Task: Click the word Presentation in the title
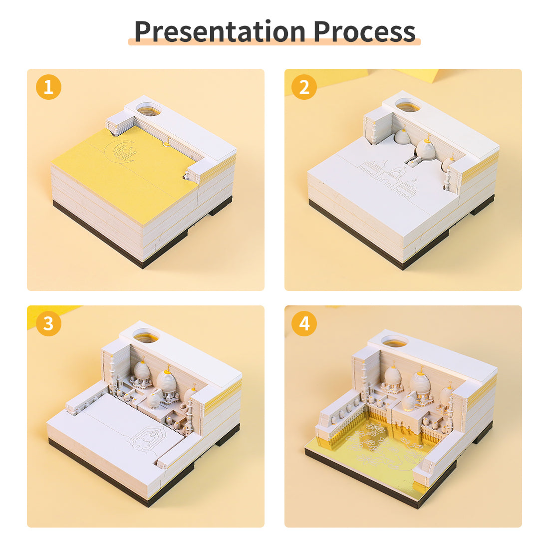220,32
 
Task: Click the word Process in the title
364,32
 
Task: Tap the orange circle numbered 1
49,87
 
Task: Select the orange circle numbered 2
304,87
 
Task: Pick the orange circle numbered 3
49,323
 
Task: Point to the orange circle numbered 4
304,323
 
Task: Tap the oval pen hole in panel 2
408,105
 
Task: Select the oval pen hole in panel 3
146,336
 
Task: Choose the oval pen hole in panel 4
394,341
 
